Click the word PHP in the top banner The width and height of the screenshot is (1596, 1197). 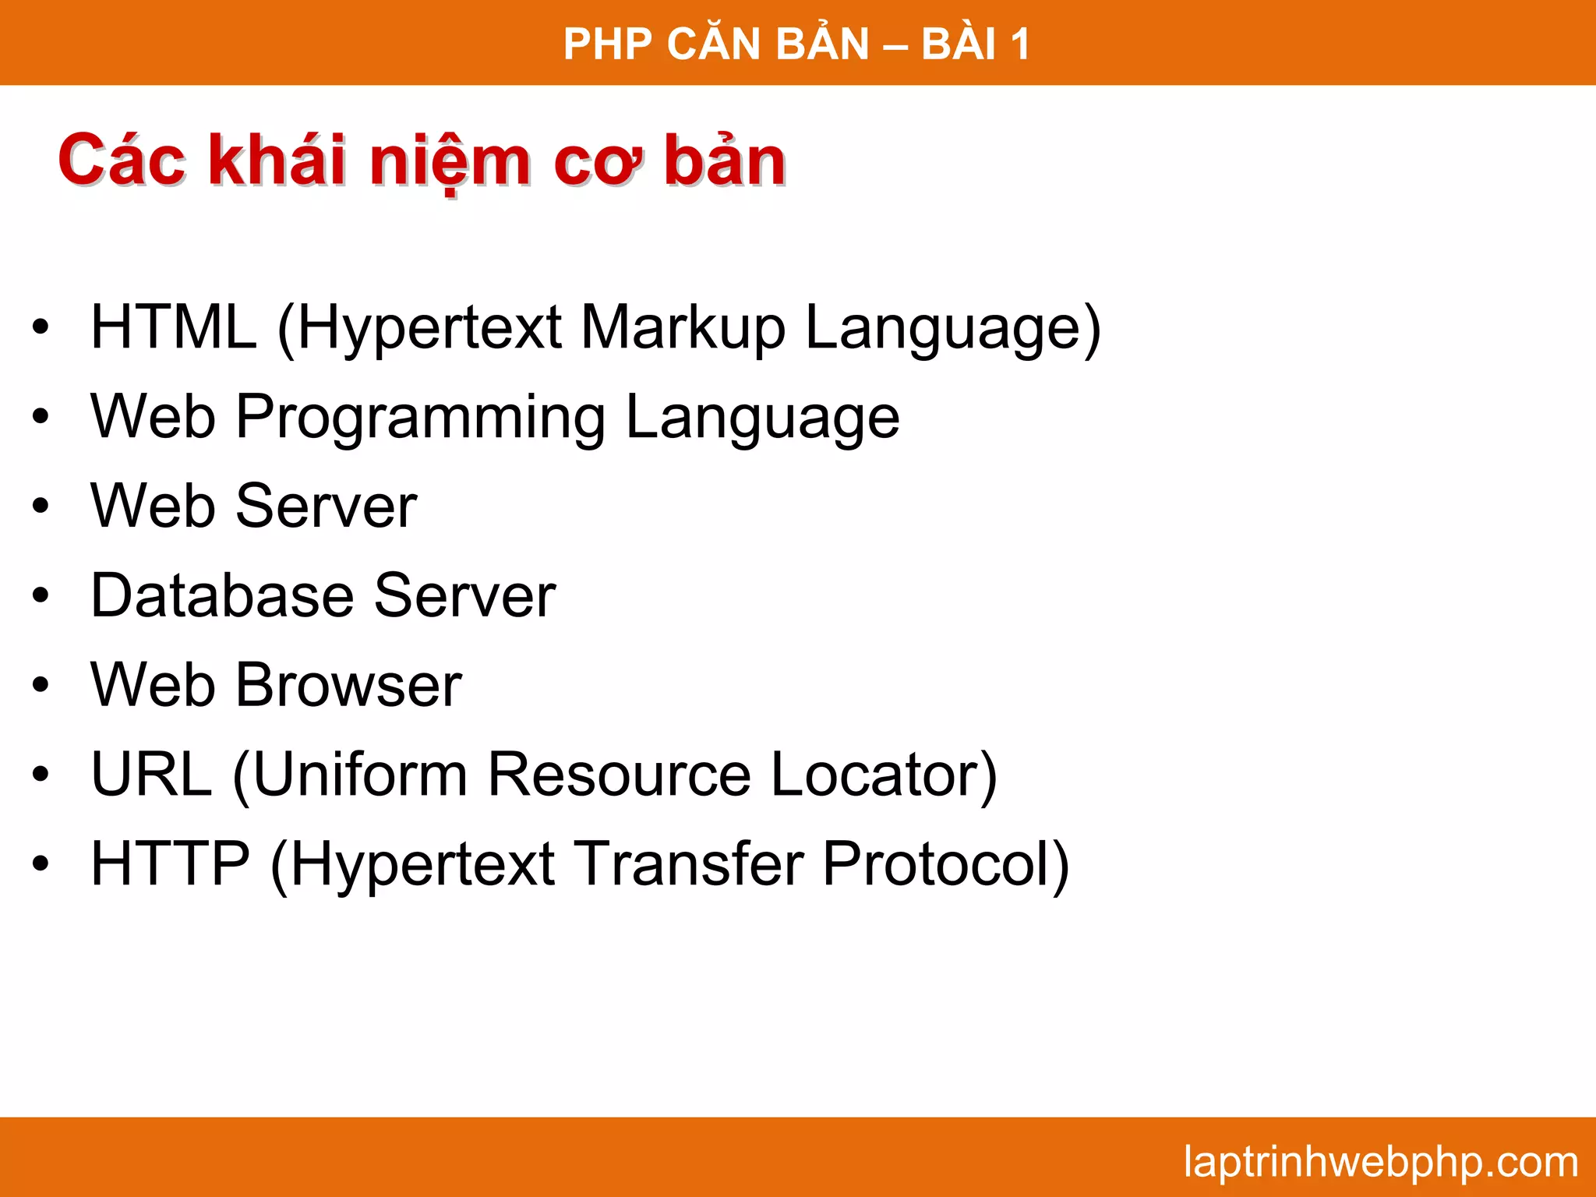click(x=607, y=44)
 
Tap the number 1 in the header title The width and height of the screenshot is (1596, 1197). click(x=1019, y=44)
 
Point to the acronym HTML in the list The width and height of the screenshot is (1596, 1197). click(x=174, y=327)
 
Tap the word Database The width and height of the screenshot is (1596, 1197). click(x=222, y=596)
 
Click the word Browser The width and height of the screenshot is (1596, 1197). click(x=349, y=686)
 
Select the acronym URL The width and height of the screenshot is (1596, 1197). click(x=152, y=775)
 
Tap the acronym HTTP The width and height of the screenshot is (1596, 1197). click(x=171, y=864)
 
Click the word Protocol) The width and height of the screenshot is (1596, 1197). click(x=945, y=866)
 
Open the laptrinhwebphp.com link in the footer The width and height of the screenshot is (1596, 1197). click(x=1380, y=1162)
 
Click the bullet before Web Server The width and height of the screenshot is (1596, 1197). click(x=41, y=507)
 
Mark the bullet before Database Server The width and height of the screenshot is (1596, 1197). click(x=41, y=596)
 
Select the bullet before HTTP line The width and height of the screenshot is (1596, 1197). click(x=41, y=864)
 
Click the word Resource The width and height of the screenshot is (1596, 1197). click(x=620, y=775)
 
